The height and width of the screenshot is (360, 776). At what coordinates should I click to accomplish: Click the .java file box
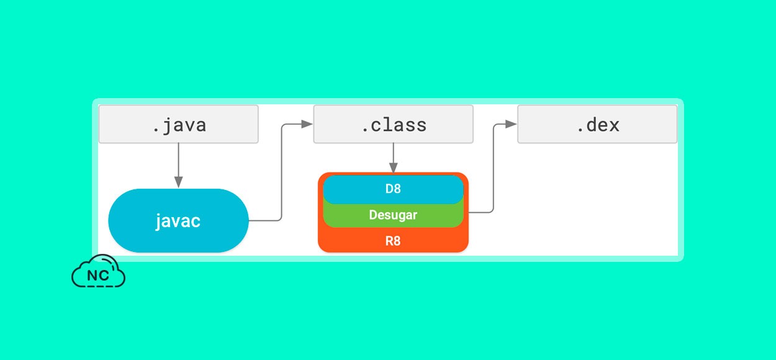pyautogui.click(x=178, y=124)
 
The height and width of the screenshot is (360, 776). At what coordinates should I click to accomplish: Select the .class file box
pyautogui.click(x=393, y=124)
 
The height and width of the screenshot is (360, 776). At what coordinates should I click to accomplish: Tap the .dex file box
pyautogui.click(x=597, y=124)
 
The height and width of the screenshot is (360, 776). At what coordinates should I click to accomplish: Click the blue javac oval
pyautogui.click(x=178, y=220)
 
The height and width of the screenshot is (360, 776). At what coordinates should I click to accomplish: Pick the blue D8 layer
pyautogui.click(x=393, y=189)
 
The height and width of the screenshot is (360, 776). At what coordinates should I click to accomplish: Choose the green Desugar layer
pyautogui.click(x=393, y=215)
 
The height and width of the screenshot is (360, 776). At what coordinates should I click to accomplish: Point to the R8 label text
pyautogui.click(x=393, y=241)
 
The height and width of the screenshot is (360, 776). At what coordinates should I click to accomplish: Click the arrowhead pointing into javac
pyautogui.click(x=178, y=182)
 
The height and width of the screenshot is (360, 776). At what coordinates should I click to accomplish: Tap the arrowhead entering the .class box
pyautogui.click(x=307, y=124)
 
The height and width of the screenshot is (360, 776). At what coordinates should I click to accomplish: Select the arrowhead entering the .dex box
pyautogui.click(x=511, y=124)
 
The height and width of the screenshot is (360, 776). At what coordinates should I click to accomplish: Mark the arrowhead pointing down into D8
pyautogui.click(x=393, y=168)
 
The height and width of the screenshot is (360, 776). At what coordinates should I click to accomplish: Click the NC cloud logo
pyautogui.click(x=98, y=271)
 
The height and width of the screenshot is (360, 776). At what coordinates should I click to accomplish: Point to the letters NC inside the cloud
pyautogui.click(x=98, y=276)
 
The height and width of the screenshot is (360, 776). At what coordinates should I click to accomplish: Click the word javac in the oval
pyautogui.click(x=178, y=221)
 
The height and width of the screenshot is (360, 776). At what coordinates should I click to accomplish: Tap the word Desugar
pyautogui.click(x=393, y=215)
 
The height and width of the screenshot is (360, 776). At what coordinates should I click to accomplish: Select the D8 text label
pyautogui.click(x=393, y=189)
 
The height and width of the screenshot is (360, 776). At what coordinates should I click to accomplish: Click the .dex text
pyautogui.click(x=598, y=125)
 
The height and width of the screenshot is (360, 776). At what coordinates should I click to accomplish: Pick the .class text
pyautogui.click(x=394, y=125)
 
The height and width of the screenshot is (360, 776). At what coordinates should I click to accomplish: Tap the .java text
pyautogui.click(x=179, y=126)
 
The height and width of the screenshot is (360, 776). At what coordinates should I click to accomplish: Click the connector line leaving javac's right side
pyautogui.click(x=281, y=172)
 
